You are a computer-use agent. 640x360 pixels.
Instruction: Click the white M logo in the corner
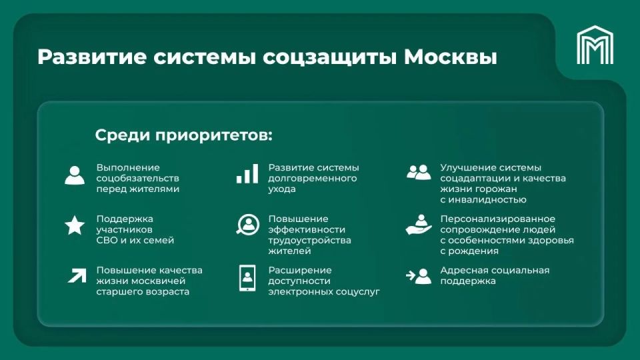coord(595,45)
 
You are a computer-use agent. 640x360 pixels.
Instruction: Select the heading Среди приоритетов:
coord(184,135)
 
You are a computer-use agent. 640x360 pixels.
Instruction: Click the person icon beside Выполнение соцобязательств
coord(75,175)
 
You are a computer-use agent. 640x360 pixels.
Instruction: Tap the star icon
coord(75,225)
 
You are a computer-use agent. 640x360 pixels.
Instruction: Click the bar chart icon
coord(247,174)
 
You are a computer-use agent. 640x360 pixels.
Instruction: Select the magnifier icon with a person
coord(247,225)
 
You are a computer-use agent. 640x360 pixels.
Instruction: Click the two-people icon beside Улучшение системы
coord(419,173)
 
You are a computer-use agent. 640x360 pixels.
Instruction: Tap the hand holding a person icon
coord(419,225)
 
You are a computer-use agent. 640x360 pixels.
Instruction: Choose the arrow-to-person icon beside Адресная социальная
coord(419,275)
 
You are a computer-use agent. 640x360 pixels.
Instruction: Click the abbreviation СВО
coord(109,240)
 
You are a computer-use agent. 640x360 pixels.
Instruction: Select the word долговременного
coord(313,179)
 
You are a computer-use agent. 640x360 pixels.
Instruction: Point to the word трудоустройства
coord(309,240)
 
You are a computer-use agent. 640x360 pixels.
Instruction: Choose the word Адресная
coord(462,270)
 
